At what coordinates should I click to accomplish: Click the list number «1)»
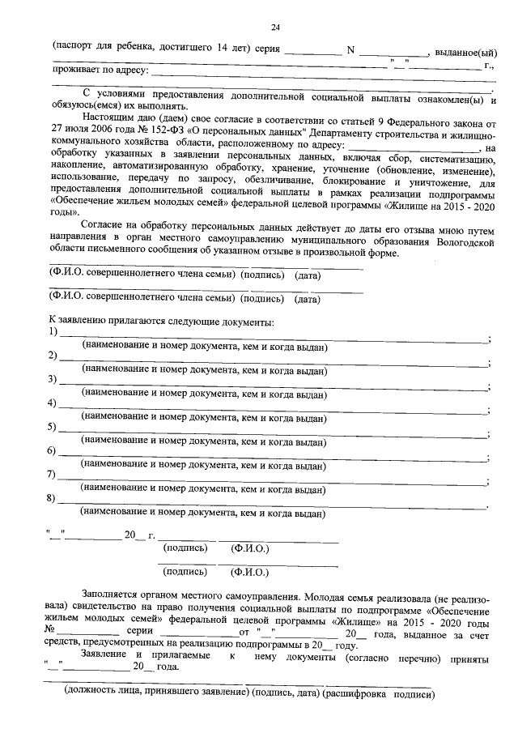(53, 333)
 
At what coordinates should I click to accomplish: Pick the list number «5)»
(53, 427)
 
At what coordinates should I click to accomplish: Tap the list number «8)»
(53, 497)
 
